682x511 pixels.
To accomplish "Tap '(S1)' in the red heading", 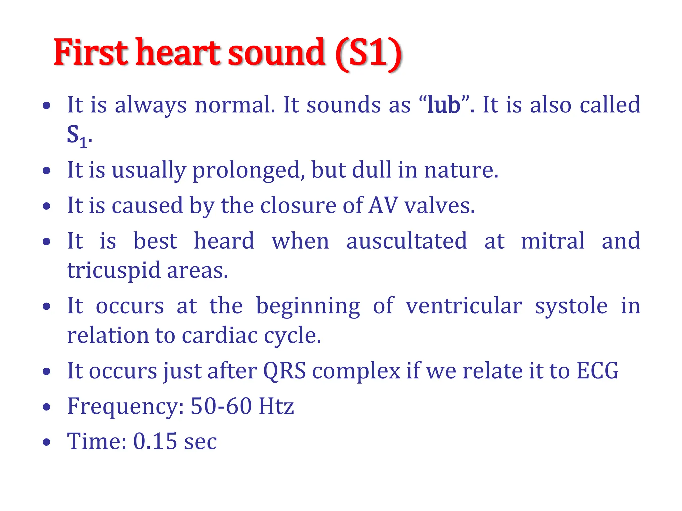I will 368,53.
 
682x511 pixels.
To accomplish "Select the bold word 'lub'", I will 444,105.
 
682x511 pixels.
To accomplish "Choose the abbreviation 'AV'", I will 383,205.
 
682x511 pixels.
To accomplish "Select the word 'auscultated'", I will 406,241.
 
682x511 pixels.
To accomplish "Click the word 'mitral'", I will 553,241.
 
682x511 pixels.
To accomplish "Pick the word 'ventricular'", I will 464,306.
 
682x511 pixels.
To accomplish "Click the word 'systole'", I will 571,306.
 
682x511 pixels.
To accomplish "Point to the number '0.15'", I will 155,441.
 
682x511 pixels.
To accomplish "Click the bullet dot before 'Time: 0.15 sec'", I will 47,442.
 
